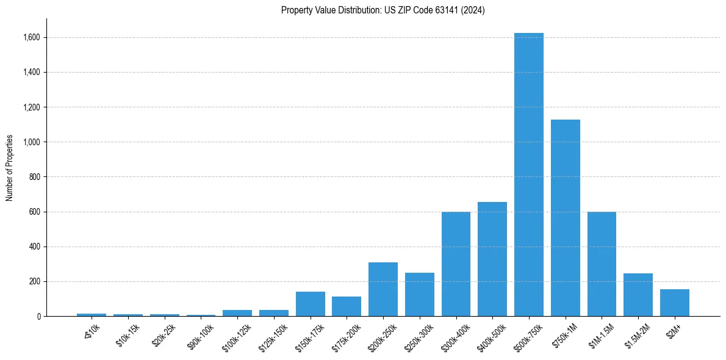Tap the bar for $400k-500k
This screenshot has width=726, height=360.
(x=492, y=259)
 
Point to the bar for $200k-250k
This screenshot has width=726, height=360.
(x=383, y=289)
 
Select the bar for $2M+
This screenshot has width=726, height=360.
(x=674, y=303)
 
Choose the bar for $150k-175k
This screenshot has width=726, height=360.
(x=310, y=304)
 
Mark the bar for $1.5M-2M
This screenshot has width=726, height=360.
(x=638, y=295)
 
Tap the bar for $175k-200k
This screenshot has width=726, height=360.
(x=347, y=306)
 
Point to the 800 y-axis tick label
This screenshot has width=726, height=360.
(x=35, y=177)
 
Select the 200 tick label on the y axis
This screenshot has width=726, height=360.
(x=35, y=282)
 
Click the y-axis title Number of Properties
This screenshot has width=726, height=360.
(x=10, y=168)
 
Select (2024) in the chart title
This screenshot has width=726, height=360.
(x=473, y=10)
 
